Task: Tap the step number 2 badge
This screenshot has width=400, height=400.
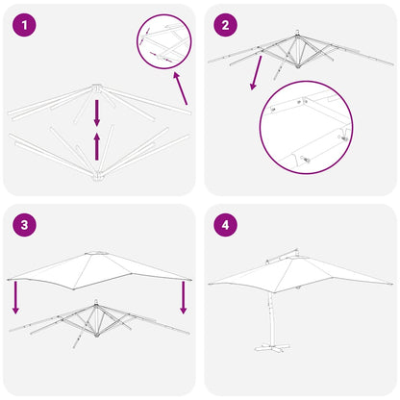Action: tap(226, 26)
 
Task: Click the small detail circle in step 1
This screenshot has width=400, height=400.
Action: tap(164, 42)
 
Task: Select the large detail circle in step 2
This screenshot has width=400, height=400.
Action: tap(306, 126)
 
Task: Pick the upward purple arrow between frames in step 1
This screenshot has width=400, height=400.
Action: tap(96, 144)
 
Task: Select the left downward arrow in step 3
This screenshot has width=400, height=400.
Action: tap(14, 296)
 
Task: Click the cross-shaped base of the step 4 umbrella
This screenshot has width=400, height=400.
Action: tap(286, 364)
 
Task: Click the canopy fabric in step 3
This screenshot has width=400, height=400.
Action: tap(96, 271)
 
